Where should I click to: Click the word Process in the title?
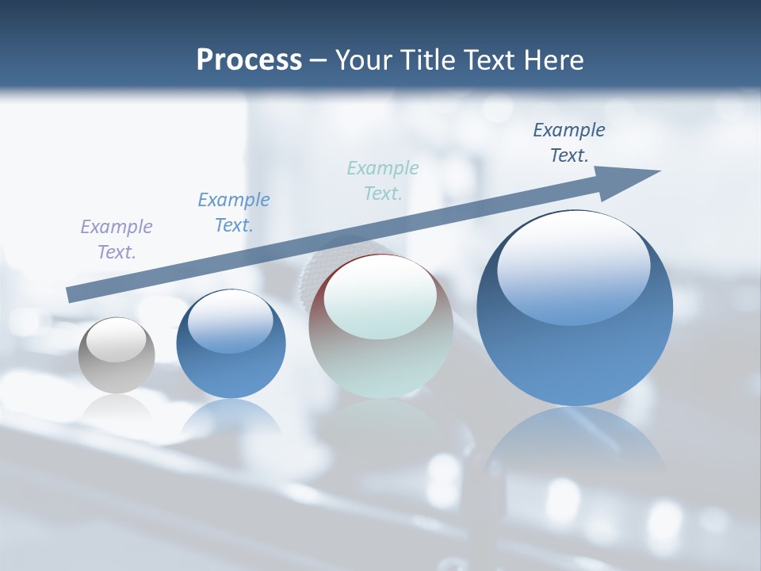pyautogui.click(x=249, y=59)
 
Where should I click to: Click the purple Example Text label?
pyautogui.click(x=117, y=239)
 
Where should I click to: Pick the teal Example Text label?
pyautogui.click(x=383, y=180)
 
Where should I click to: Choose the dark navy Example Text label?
pyautogui.click(x=569, y=142)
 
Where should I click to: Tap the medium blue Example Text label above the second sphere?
pyautogui.click(x=234, y=212)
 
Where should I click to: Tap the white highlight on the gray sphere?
pyautogui.click(x=116, y=340)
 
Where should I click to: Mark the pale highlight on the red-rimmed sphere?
pyautogui.click(x=380, y=297)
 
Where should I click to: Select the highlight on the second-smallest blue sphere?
pyautogui.click(x=231, y=322)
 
